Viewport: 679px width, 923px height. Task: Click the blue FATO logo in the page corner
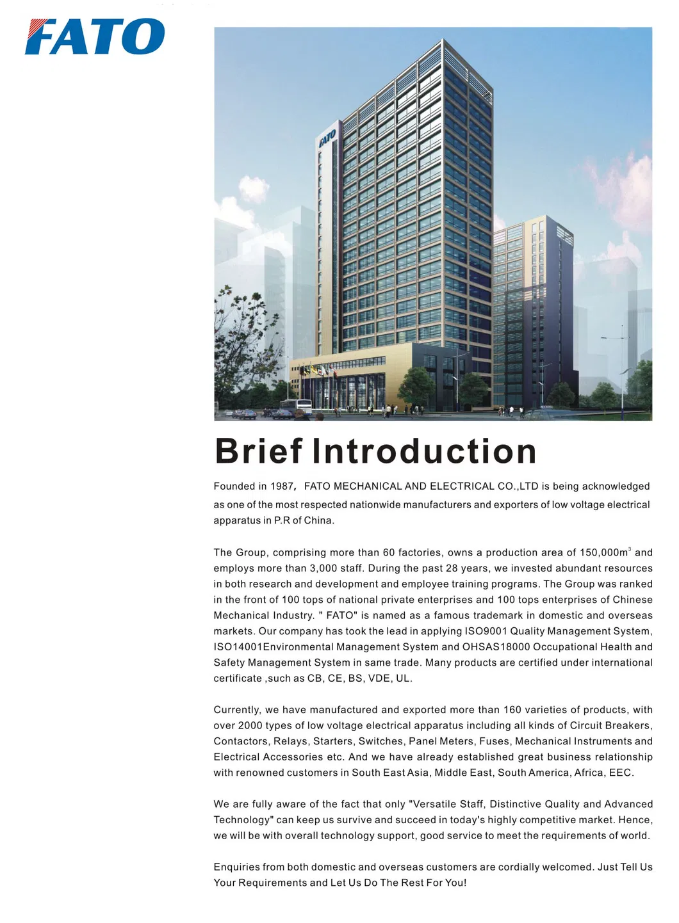95,36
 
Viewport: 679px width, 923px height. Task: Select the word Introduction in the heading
424,451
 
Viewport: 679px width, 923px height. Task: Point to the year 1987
281,486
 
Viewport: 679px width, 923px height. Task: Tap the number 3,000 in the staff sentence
323,568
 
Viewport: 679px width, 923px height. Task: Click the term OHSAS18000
496,647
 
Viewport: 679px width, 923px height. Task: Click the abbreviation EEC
621,773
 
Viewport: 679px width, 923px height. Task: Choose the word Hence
638,820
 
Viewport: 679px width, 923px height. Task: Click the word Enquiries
236,867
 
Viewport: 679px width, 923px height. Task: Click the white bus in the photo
297,407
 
